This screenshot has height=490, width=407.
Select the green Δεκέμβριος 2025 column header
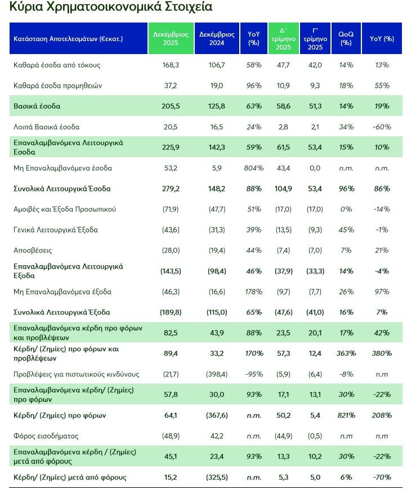point(171,39)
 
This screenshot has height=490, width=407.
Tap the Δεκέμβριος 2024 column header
point(216,39)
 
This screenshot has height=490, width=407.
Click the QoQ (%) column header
point(346,39)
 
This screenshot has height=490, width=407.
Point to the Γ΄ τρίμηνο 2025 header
point(315,39)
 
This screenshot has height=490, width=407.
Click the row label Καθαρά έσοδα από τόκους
point(57,65)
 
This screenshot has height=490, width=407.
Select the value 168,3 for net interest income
point(170,65)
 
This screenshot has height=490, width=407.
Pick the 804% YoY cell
point(254,168)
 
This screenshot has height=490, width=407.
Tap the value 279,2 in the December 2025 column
point(170,188)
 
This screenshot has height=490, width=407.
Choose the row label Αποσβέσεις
point(33,250)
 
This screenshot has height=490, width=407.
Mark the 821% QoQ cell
point(346,416)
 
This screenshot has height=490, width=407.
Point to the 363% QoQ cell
point(346,354)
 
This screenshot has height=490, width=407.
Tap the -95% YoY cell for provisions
point(254,374)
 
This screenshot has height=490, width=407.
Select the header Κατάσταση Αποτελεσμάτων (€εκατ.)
point(68,39)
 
